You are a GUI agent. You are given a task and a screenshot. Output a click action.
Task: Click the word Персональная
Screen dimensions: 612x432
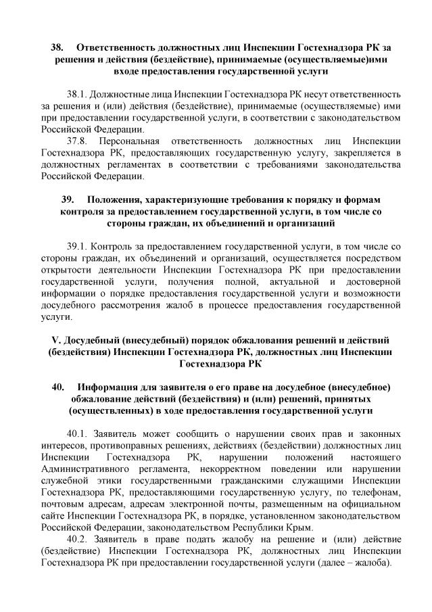coord(128,141)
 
